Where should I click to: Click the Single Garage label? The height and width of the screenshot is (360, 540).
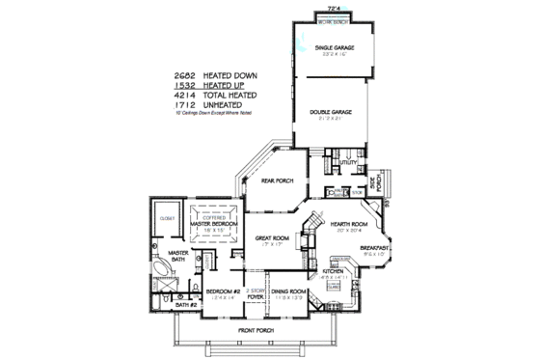pyautogui.click(x=331, y=48)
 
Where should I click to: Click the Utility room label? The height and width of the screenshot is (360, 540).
pyautogui.click(x=348, y=163)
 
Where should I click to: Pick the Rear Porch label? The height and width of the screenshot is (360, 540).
pyautogui.click(x=277, y=181)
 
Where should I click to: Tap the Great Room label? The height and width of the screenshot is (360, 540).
pyautogui.click(x=273, y=238)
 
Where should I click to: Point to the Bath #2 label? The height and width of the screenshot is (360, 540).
pyautogui.click(x=185, y=306)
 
